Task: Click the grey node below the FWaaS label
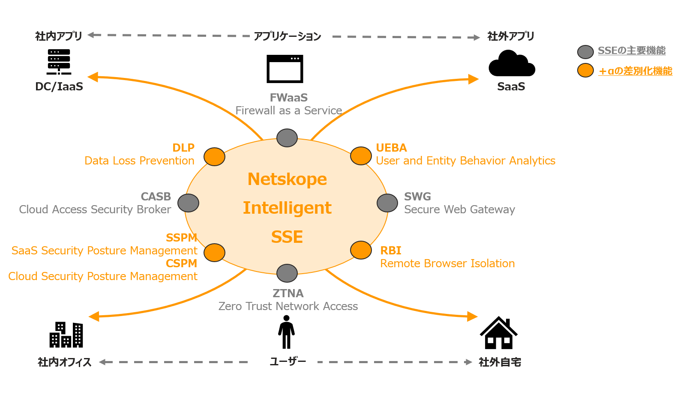click(287, 138)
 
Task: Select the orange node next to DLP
click(214, 157)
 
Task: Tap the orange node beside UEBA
click(361, 156)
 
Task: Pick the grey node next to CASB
click(188, 203)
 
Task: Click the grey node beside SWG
click(387, 203)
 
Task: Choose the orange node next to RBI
click(361, 250)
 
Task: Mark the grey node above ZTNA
click(287, 273)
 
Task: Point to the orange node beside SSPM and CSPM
click(214, 253)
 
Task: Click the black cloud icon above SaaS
click(512, 64)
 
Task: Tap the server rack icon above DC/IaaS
click(59, 62)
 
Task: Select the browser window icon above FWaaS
click(285, 69)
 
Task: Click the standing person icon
click(286, 332)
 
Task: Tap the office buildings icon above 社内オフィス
click(66, 334)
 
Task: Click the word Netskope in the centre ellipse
click(287, 179)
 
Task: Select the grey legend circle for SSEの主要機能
click(585, 52)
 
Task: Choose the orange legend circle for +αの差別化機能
click(585, 70)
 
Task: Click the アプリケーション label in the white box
click(288, 36)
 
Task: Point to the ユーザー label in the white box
click(288, 362)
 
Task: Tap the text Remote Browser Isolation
click(447, 263)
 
